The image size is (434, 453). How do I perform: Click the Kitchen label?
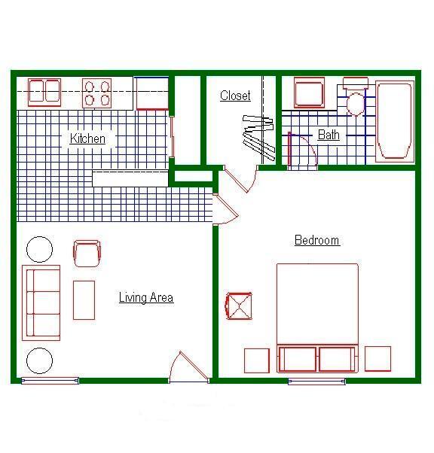(x=87, y=138)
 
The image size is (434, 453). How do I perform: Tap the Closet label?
(x=235, y=96)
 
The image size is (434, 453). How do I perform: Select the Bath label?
(x=329, y=135)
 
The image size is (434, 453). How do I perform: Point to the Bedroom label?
(x=316, y=241)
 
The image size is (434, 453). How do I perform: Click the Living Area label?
(x=146, y=298)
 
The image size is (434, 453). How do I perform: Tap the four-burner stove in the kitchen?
(x=96, y=93)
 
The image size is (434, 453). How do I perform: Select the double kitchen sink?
(x=44, y=92)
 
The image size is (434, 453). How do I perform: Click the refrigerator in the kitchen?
(x=152, y=93)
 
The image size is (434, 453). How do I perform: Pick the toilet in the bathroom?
(x=356, y=98)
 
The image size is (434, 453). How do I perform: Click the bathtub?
(x=395, y=122)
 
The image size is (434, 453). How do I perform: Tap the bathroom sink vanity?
(x=309, y=93)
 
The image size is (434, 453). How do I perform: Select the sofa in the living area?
(x=41, y=301)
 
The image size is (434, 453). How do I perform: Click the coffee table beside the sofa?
(x=84, y=299)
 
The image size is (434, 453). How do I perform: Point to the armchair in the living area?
(x=87, y=253)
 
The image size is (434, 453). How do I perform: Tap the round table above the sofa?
(x=40, y=249)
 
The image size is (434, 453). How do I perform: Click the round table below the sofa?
(x=40, y=360)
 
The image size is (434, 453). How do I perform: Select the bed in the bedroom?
(x=317, y=316)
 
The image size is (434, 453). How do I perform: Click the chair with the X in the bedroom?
(x=239, y=306)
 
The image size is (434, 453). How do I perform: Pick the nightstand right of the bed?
(x=377, y=359)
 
